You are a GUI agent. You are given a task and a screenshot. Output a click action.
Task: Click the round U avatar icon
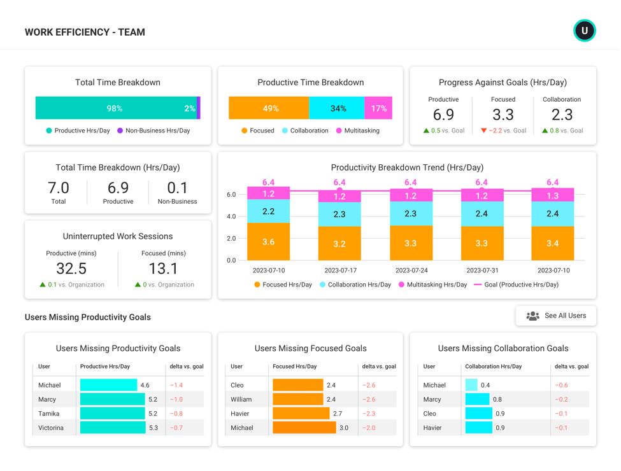pyautogui.click(x=584, y=31)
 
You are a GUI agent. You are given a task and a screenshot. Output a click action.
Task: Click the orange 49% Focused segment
pyautogui.click(x=269, y=108)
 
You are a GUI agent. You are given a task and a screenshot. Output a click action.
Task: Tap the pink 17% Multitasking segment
pyautogui.click(x=378, y=108)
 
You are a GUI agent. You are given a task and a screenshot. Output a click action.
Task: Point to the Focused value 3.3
pyautogui.click(x=503, y=115)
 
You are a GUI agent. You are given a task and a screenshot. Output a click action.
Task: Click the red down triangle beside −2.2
pyautogui.click(x=484, y=130)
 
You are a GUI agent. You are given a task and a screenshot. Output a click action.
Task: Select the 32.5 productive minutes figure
pyautogui.click(x=71, y=268)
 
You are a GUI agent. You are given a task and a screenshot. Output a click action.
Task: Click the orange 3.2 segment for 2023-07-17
pyautogui.click(x=339, y=244)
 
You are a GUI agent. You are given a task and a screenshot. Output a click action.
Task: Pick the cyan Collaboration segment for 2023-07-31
pyautogui.click(x=482, y=214)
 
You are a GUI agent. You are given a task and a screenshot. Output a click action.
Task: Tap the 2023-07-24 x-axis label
pyautogui.click(x=411, y=271)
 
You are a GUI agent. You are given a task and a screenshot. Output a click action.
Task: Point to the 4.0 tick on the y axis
pyautogui.click(x=231, y=216)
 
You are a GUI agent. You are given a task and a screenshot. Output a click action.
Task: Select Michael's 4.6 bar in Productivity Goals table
pyautogui.click(x=108, y=385)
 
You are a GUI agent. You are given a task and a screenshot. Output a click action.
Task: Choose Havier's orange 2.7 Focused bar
pyautogui.click(x=301, y=414)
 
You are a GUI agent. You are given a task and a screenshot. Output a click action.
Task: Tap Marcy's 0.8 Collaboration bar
pyautogui.click(x=477, y=400)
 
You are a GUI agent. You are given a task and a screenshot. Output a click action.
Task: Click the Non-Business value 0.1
pyautogui.click(x=177, y=188)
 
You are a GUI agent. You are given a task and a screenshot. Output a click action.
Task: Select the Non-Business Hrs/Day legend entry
pyautogui.click(x=153, y=130)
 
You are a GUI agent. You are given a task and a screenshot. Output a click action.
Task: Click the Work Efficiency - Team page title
pyautogui.click(x=85, y=32)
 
